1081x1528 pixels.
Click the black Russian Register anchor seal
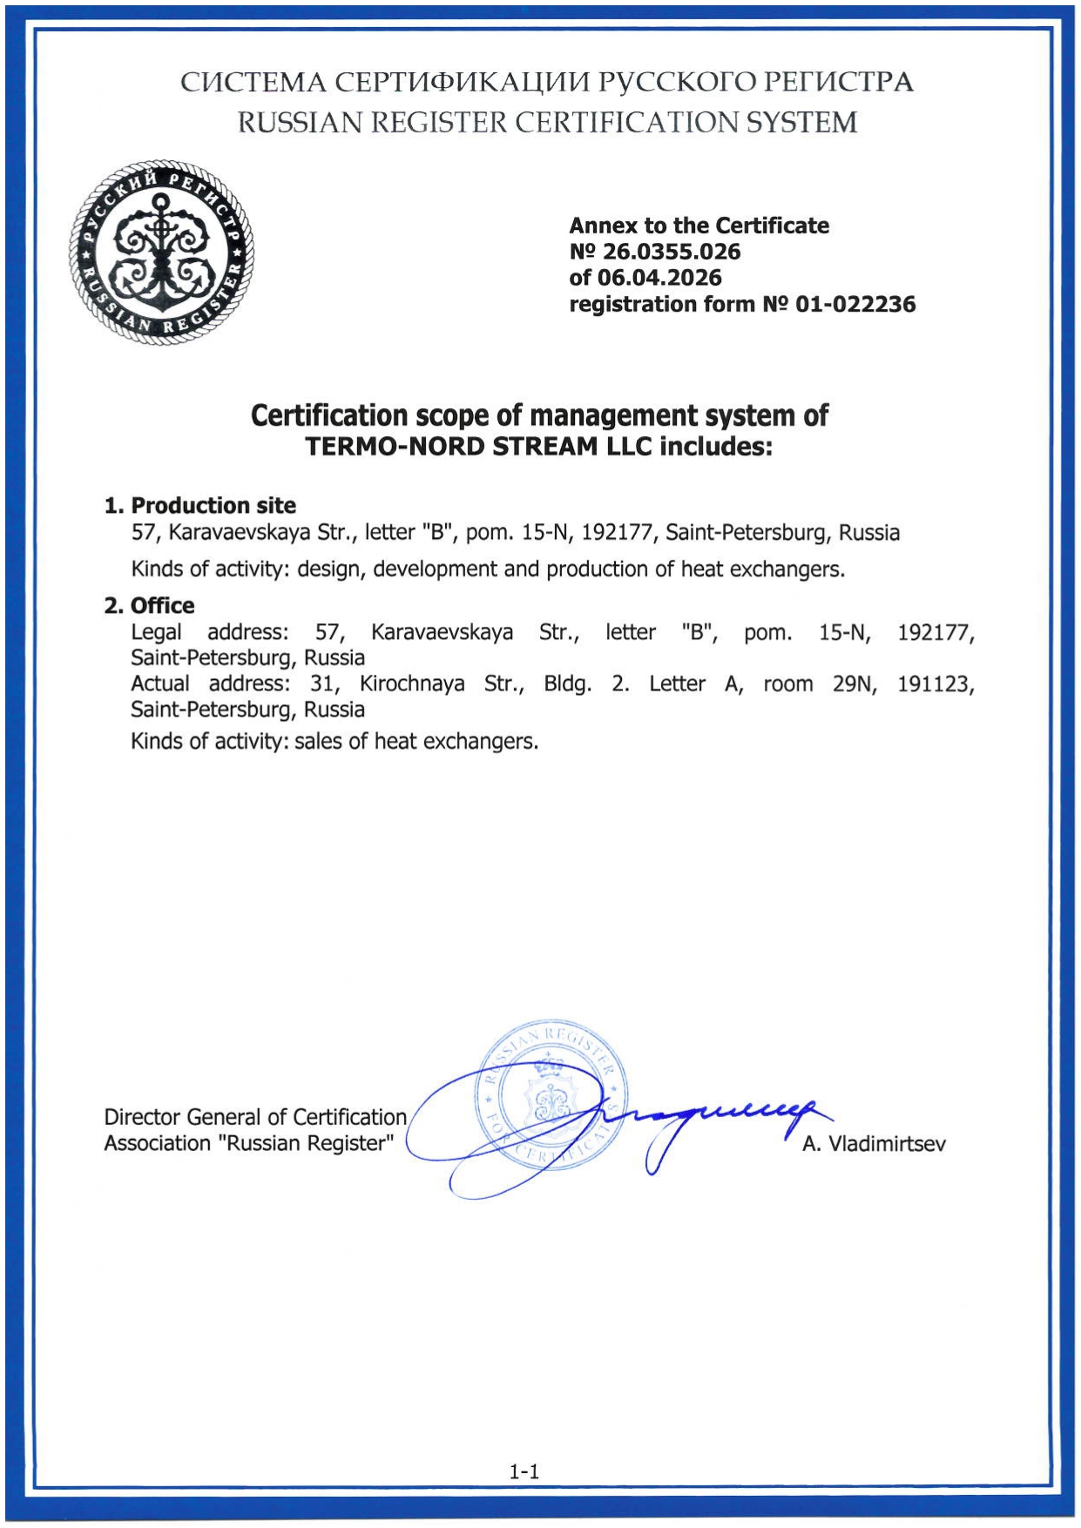point(162,252)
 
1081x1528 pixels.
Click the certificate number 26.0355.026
point(671,252)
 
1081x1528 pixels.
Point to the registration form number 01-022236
point(855,305)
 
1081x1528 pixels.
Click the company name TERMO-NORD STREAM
point(478,447)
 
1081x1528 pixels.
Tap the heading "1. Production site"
point(200,506)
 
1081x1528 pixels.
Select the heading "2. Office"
point(150,606)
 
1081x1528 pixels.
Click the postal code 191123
point(936,684)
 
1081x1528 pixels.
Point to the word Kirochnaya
point(412,684)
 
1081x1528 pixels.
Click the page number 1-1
point(524,1471)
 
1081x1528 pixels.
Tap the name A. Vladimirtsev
point(874,1144)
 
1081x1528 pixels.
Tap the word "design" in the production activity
point(328,569)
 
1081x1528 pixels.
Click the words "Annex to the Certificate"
point(699,226)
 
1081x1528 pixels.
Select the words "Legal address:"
point(210,632)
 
